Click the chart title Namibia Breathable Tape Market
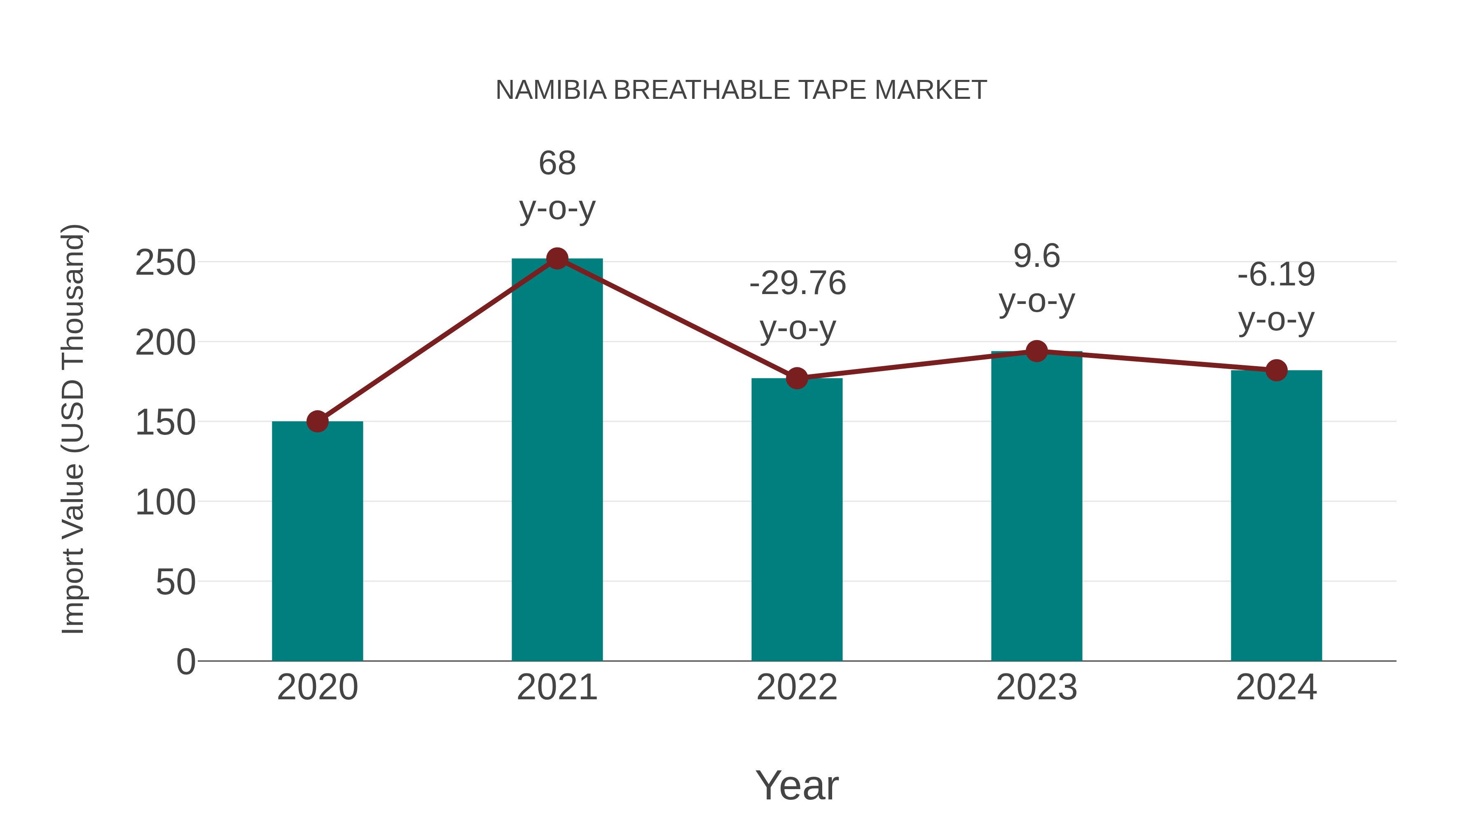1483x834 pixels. click(x=741, y=90)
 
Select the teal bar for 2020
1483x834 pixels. click(x=317, y=541)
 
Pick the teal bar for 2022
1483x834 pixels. click(x=797, y=518)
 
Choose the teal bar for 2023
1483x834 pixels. click(x=1036, y=507)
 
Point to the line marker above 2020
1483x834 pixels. click(x=317, y=421)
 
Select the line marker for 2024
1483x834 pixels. click(x=1276, y=370)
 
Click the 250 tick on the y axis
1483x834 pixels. click(x=165, y=263)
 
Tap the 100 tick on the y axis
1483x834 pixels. click(x=165, y=502)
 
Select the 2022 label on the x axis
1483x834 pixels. click(x=797, y=687)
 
